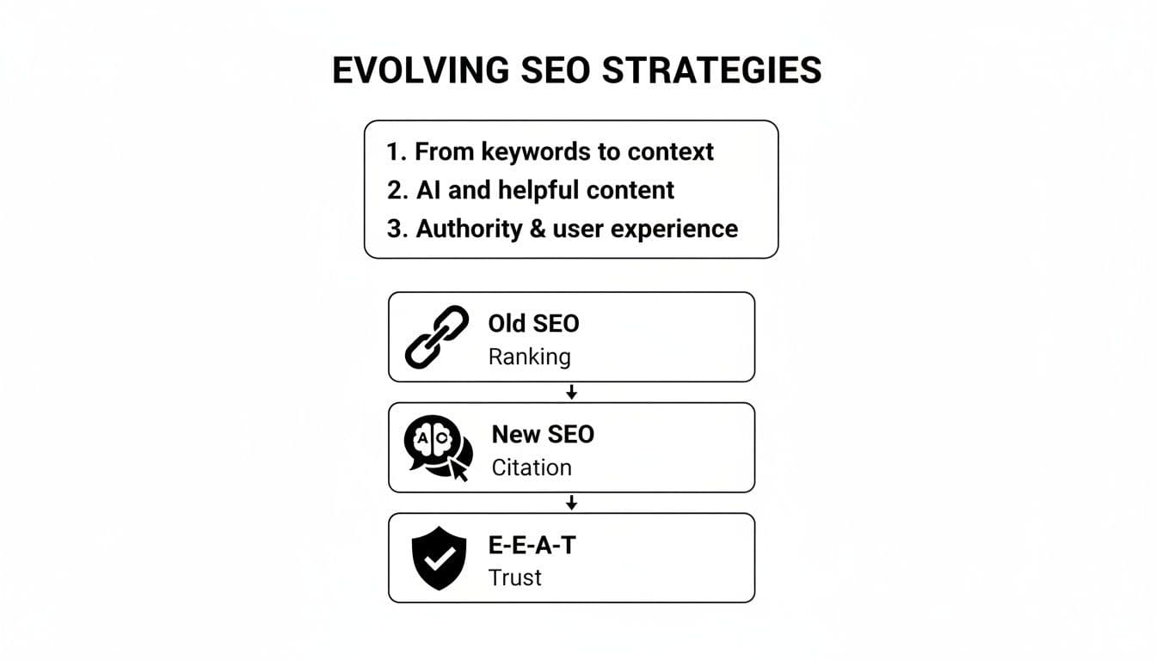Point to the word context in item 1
point(670,152)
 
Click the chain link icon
point(436,337)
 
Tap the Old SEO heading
point(533,323)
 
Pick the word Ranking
point(529,356)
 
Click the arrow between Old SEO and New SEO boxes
point(571,393)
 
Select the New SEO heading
point(543,434)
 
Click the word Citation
point(532,467)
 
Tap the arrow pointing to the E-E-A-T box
point(571,503)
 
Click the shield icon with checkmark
point(439,558)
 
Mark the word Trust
point(514,577)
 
